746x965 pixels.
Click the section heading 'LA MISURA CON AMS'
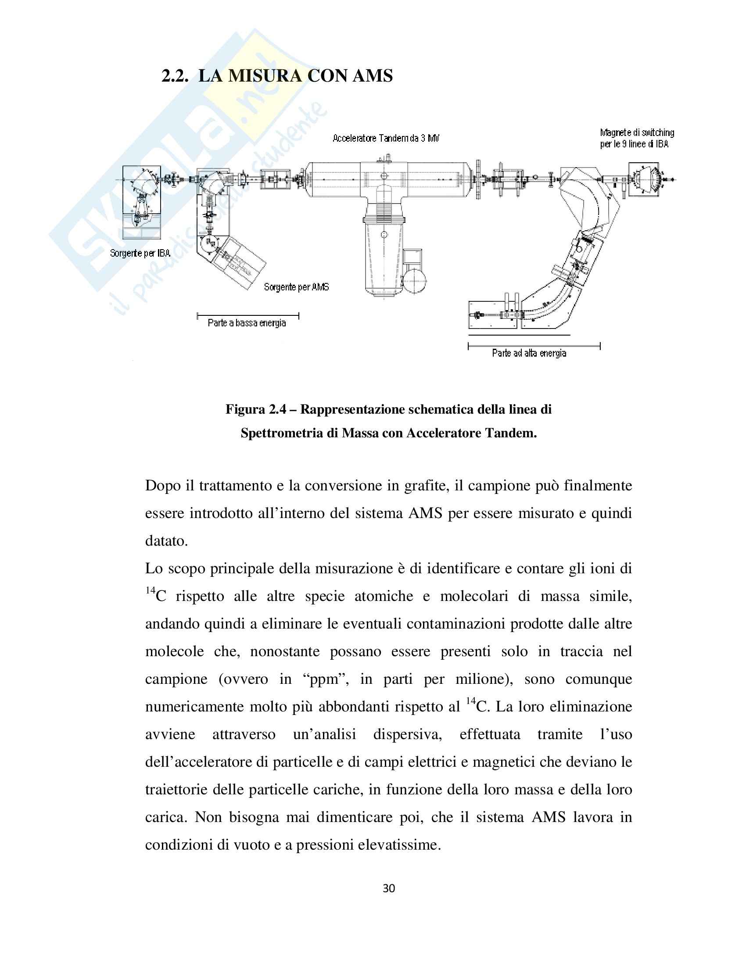[x=295, y=76]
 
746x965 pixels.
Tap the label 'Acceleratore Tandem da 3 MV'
[x=386, y=138]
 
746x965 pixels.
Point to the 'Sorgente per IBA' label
[x=140, y=253]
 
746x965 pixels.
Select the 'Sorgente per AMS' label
[x=296, y=287]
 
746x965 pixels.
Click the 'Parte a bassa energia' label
[x=247, y=323]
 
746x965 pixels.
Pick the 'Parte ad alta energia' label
[x=529, y=353]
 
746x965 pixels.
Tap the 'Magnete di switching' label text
[x=637, y=132]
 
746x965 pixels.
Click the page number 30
[x=388, y=888]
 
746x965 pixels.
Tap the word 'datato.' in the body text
[x=167, y=541]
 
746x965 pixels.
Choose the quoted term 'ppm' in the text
[x=324, y=679]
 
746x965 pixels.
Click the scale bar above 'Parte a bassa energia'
[x=248, y=315]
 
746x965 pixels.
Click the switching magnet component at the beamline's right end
[x=646, y=179]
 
